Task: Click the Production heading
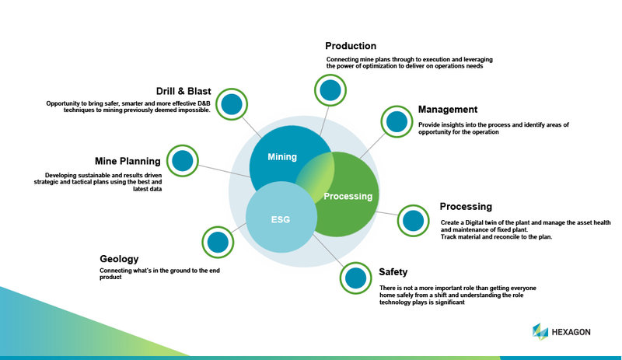[x=351, y=46]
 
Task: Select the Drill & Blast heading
[x=183, y=91]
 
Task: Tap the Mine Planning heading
[x=128, y=161]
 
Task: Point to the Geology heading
[x=119, y=259]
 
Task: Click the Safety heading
[x=393, y=272]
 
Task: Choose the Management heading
[x=448, y=109]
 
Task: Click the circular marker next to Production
[x=330, y=90]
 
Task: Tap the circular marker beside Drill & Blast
[x=232, y=104]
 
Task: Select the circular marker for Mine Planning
[x=183, y=161]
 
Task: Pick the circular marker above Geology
[x=218, y=242]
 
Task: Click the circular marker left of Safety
[x=355, y=278]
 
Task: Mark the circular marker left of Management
[x=397, y=121]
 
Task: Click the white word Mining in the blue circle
[x=282, y=157]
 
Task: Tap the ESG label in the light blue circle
[x=281, y=219]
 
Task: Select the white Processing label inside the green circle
[x=348, y=196]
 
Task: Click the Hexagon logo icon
[x=540, y=332]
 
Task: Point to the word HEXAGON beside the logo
[x=571, y=332]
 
